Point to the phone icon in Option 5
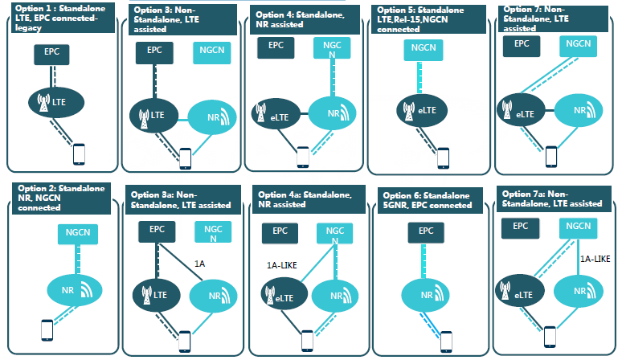[x=443, y=156]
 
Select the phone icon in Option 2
[x=47, y=329]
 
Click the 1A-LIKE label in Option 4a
[x=281, y=264]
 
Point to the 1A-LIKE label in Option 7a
[x=595, y=259]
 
